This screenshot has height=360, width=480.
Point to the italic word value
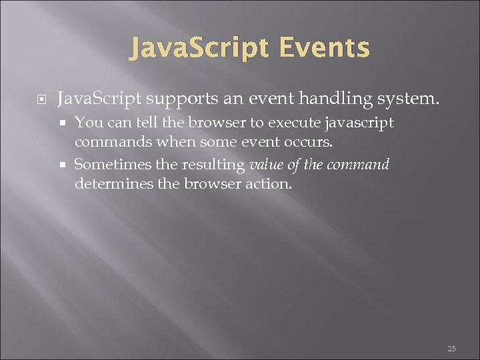265,164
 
